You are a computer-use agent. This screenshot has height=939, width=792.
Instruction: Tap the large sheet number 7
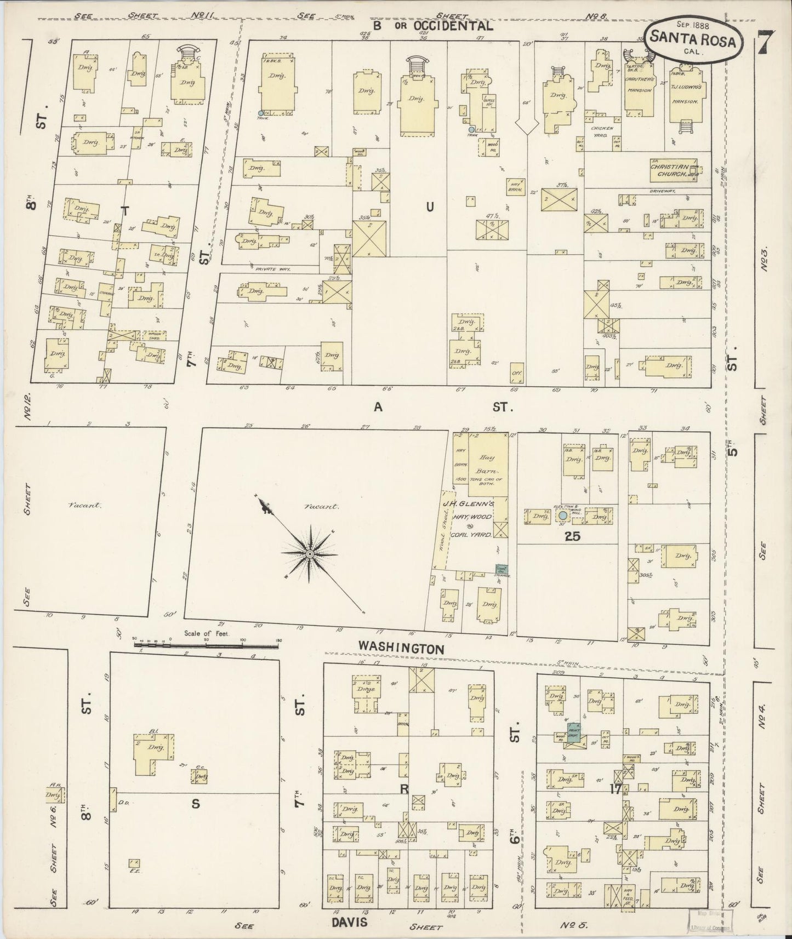pos(768,42)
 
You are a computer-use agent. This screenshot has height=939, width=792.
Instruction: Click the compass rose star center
pos(310,554)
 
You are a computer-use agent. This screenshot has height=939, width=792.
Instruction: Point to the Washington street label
pos(401,648)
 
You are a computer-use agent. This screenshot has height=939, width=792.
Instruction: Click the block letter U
pos(430,206)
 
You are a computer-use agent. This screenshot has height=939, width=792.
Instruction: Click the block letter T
pos(125,210)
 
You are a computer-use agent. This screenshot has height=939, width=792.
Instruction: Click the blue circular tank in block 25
pos(563,516)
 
